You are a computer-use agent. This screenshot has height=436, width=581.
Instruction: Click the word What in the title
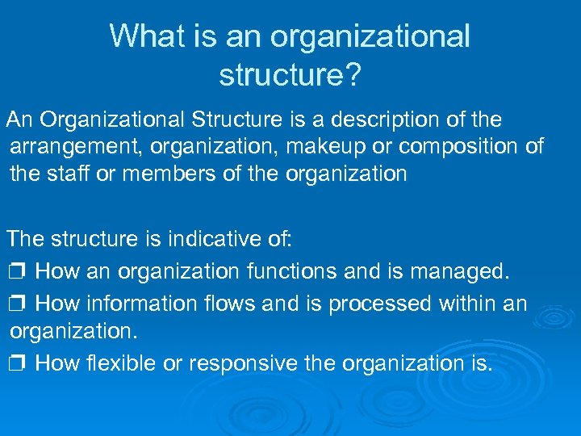(x=140, y=36)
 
